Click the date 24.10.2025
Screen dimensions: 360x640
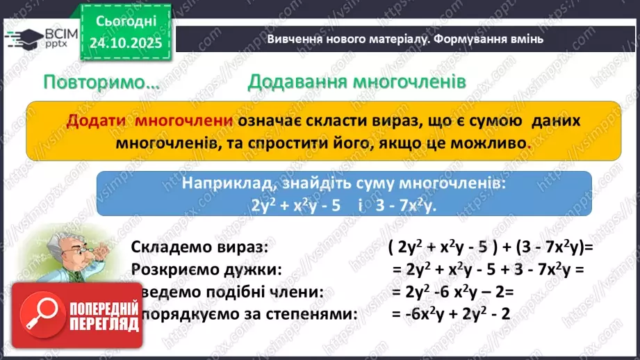(125, 43)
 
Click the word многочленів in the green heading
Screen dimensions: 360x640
(396, 82)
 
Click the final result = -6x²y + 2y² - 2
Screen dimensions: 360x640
(450, 314)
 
